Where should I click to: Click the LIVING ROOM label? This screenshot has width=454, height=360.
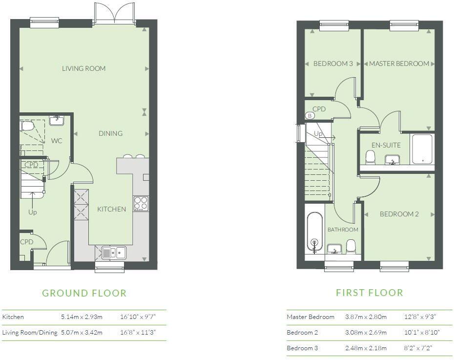tap(83, 68)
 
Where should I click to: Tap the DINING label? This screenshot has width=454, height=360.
tap(110, 133)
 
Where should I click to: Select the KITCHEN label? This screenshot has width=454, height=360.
tap(111, 209)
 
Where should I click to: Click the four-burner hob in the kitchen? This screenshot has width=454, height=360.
tap(141, 203)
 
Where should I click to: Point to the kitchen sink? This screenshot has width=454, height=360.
tap(113, 253)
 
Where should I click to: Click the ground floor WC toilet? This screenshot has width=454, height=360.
tap(27, 126)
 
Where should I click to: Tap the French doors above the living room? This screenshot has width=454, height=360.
tap(114, 13)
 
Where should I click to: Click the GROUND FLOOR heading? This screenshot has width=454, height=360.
tap(84, 293)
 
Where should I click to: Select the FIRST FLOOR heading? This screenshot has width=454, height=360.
tap(369, 293)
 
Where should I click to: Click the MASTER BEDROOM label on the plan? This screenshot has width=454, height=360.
tap(399, 64)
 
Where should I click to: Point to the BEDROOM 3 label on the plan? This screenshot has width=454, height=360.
tap(333, 64)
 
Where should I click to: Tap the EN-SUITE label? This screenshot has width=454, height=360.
tap(386, 145)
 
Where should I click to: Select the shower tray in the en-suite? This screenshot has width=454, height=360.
tap(422, 149)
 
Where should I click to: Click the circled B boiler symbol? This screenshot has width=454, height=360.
tap(310, 116)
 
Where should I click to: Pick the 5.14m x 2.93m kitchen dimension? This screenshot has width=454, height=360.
tap(82, 317)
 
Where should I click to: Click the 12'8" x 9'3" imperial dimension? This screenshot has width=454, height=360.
tap(420, 317)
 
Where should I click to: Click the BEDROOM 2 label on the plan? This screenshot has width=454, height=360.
tap(399, 214)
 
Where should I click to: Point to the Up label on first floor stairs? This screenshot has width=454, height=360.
tap(318, 133)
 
